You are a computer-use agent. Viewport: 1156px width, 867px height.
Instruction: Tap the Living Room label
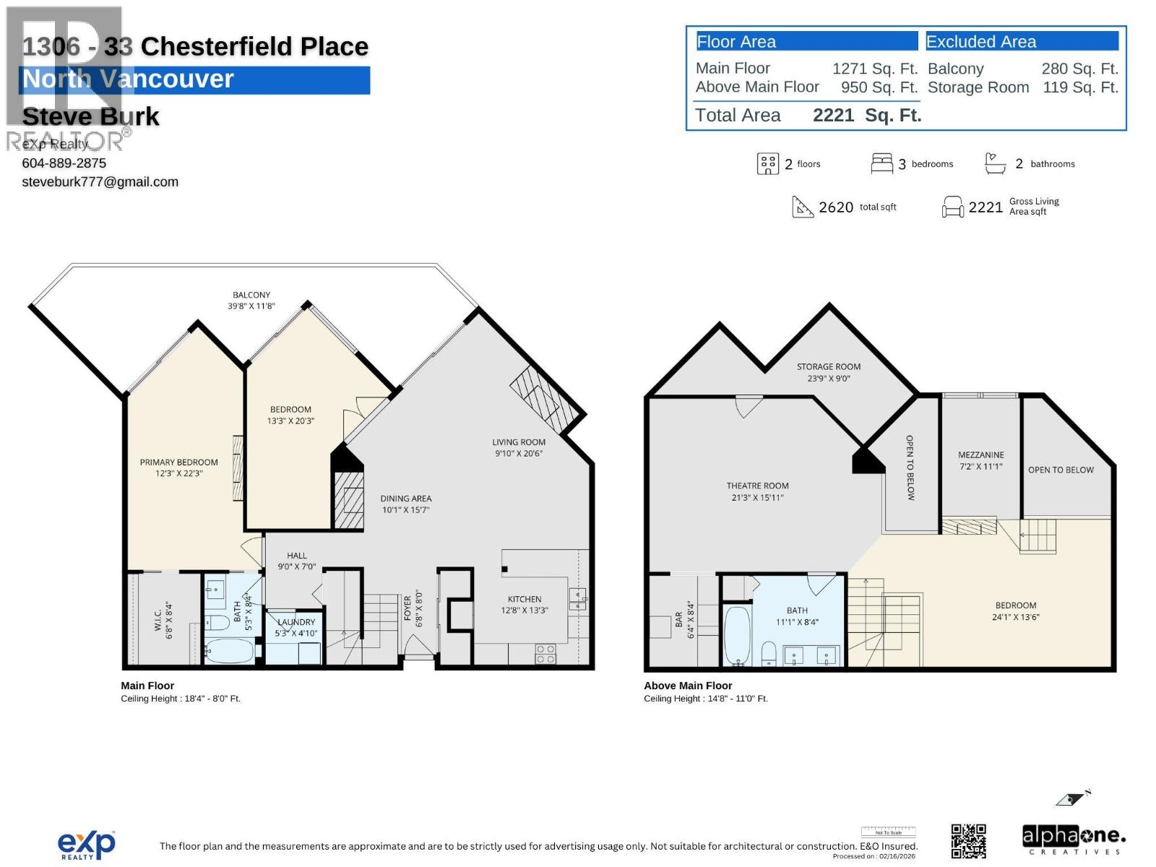coord(519,442)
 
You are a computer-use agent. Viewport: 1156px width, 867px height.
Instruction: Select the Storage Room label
coord(828,366)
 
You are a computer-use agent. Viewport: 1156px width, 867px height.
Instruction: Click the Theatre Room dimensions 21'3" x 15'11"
coord(757,497)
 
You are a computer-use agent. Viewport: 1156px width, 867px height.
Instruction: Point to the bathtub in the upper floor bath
coord(737,636)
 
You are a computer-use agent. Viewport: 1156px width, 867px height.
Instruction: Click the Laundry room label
coord(296,622)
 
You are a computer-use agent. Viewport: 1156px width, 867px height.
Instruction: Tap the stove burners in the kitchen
coord(545,654)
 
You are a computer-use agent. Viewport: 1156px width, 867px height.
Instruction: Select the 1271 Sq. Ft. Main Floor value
coord(874,69)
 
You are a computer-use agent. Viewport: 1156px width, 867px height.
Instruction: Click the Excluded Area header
coord(980,42)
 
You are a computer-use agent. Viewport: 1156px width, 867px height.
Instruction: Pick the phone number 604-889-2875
coord(64,163)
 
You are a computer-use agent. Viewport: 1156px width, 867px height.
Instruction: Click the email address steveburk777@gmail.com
coord(100,182)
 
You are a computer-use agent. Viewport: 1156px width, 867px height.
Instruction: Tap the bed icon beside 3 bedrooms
coord(881,164)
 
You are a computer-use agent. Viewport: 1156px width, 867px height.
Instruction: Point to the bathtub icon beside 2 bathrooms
coord(995,164)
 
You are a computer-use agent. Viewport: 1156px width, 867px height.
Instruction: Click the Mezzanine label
coord(980,454)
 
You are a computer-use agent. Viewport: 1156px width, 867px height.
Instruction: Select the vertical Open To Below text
coord(910,467)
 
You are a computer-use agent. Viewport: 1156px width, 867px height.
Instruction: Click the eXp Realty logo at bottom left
coord(86,845)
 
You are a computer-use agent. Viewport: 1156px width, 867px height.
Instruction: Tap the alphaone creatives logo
coord(1074,840)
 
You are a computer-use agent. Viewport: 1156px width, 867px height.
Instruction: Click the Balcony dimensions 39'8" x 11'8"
coord(251,306)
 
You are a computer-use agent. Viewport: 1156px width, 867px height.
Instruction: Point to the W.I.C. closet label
coord(159,621)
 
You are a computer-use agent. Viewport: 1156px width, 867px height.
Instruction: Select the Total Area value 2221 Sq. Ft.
coord(866,116)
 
